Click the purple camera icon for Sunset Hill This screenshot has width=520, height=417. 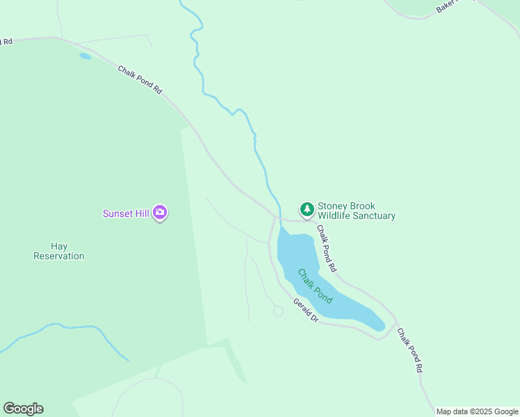[161, 213]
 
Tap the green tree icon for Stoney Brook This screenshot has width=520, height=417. [307, 208]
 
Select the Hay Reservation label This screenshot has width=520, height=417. [59, 251]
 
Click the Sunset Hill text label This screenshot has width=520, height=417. [126, 213]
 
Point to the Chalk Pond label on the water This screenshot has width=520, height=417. [315, 286]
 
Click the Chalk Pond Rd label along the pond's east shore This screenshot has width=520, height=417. [327, 248]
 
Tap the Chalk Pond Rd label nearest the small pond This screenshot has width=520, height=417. [140, 80]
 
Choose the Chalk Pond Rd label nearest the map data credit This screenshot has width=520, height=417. [409, 351]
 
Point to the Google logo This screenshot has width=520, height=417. [23, 409]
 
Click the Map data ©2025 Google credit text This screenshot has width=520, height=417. [477, 411]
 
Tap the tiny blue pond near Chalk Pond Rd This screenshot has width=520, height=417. [85, 56]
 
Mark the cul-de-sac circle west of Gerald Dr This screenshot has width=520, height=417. [278, 311]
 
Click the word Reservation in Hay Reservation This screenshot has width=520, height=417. [59, 256]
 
